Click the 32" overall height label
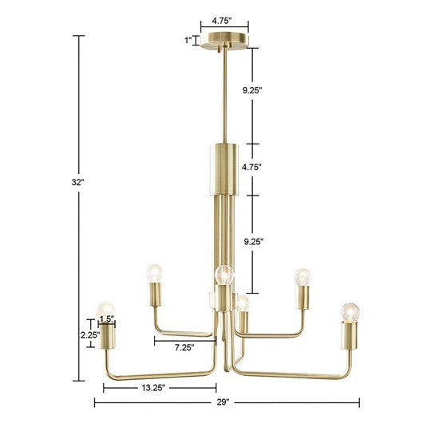point(77,182)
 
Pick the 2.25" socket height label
point(90,335)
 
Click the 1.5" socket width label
point(107,319)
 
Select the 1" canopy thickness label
point(188,40)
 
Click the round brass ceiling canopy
point(224,41)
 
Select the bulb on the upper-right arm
point(302,276)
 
